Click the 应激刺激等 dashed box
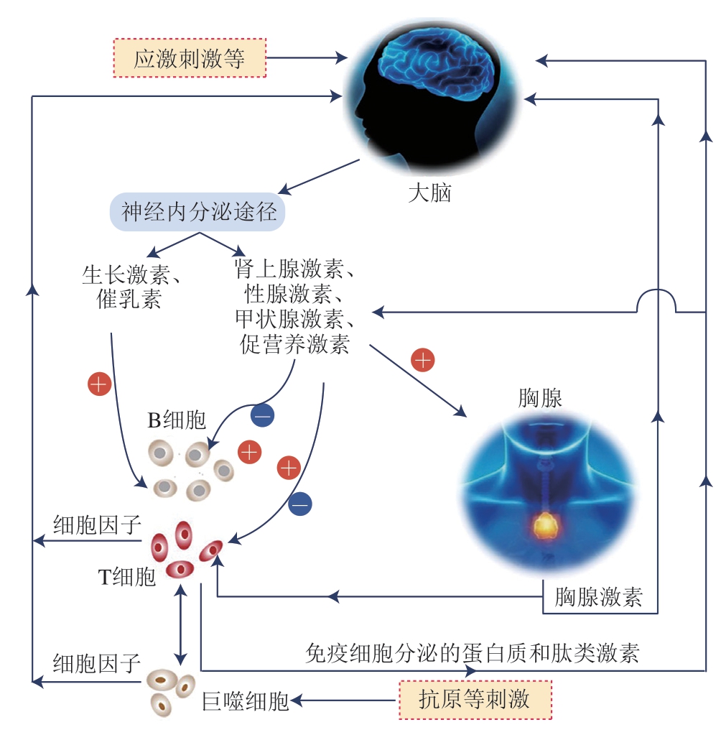tap(190, 58)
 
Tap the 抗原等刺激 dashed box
tap(475, 700)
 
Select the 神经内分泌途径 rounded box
tap(198, 213)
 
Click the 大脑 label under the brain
tap(429, 193)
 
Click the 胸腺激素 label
tap(599, 597)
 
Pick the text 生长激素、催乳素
tap(131, 287)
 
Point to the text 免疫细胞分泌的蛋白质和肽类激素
tap(472, 653)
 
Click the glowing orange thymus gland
tap(547, 526)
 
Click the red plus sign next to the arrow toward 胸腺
tap(423, 359)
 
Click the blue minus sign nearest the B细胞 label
tap(261, 415)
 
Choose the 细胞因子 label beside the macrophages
tap(97, 662)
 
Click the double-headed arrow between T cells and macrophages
tap(181, 624)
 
